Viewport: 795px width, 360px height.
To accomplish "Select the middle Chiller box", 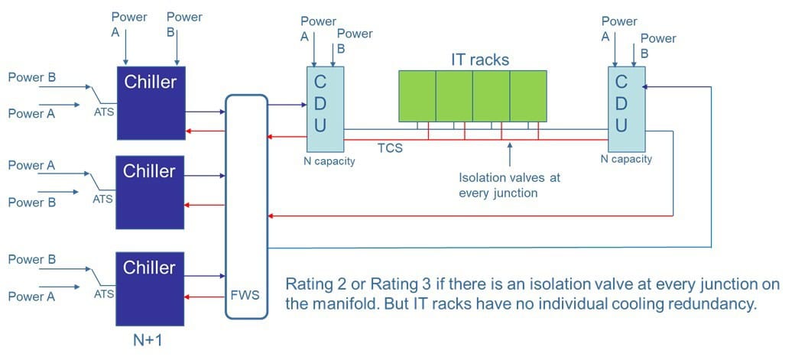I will [150, 192].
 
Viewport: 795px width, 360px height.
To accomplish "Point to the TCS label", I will [390, 148].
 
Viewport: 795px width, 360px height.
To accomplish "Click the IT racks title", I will [479, 59].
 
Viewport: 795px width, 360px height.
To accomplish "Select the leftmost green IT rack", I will [417, 96].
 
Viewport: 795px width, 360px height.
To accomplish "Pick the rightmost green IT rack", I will [528, 96].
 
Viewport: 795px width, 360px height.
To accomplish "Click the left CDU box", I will [320, 109].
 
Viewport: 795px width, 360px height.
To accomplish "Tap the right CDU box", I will [621, 109].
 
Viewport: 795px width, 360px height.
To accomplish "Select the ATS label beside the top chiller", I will [102, 111].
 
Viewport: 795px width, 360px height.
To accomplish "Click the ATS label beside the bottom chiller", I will [102, 293].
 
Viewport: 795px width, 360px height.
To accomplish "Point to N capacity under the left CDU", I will [329, 161].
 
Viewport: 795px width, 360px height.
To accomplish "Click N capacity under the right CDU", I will [626, 159].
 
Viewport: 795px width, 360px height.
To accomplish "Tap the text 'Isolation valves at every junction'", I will [509, 185].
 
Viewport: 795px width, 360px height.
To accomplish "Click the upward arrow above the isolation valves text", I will [510, 154].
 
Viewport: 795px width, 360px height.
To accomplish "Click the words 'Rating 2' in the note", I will [312, 284].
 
